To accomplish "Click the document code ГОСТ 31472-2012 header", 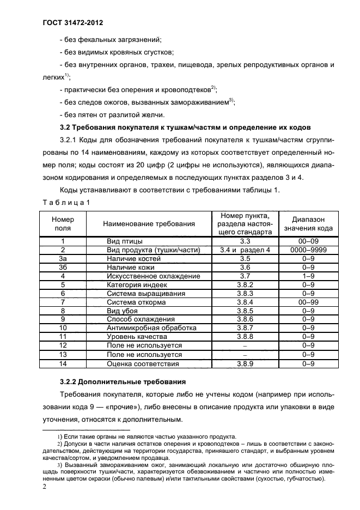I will click(72, 23).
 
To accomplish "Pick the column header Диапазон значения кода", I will click(308, 223).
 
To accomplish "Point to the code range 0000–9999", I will click(308, 250).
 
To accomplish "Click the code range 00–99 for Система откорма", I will click(308, 302).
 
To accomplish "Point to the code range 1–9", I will click(308, 276).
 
